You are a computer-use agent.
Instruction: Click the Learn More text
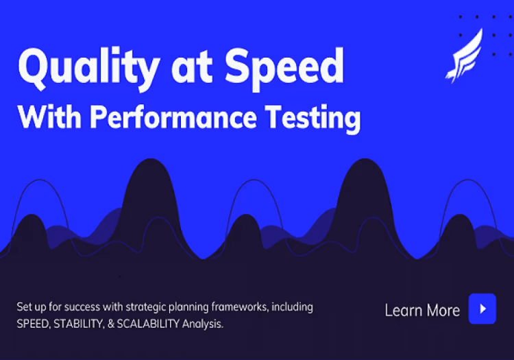coord(422,310)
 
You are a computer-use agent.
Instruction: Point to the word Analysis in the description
coord(203,324)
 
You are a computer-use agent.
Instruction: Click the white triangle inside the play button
coord(483,309)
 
